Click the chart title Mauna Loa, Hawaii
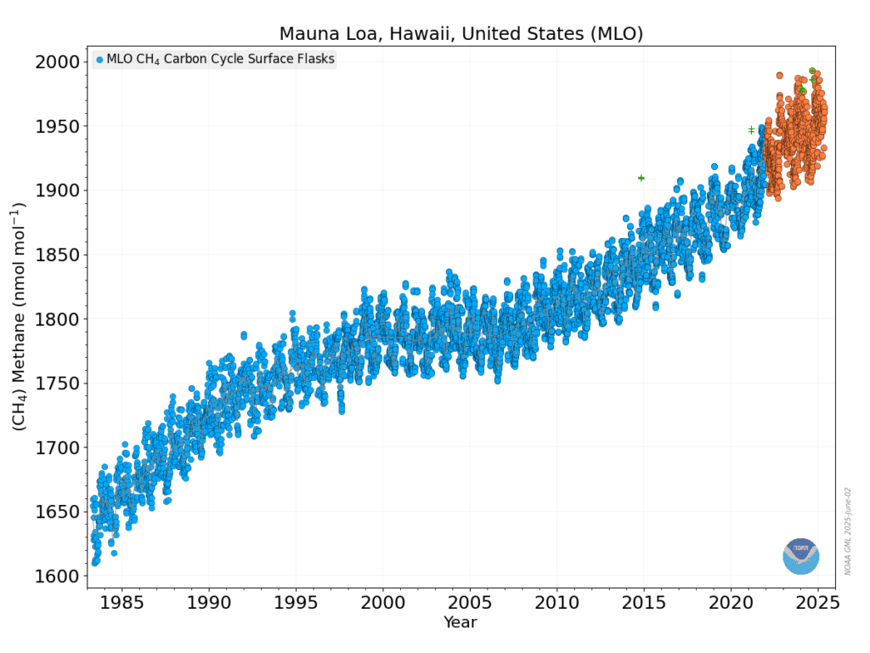click(460, 34)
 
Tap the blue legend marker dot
click(99, 60)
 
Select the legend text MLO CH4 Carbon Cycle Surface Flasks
click(220, 60)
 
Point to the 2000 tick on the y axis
click(58, 62)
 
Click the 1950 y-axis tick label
click(58, 127)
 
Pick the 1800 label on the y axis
click(58, 320)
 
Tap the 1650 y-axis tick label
click(58, 512)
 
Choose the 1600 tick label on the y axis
click(58, 576)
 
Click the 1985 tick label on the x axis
click(121, 604)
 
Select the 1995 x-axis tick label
click(295, 604)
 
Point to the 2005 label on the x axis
click(470, 604)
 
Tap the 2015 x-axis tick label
click(644, 604)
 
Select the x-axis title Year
click(460, 623)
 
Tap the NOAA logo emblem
click(800, 556)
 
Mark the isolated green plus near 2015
click(641, 178)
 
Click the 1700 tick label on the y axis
click(58, 448)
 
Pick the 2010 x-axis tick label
click(556, 604)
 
